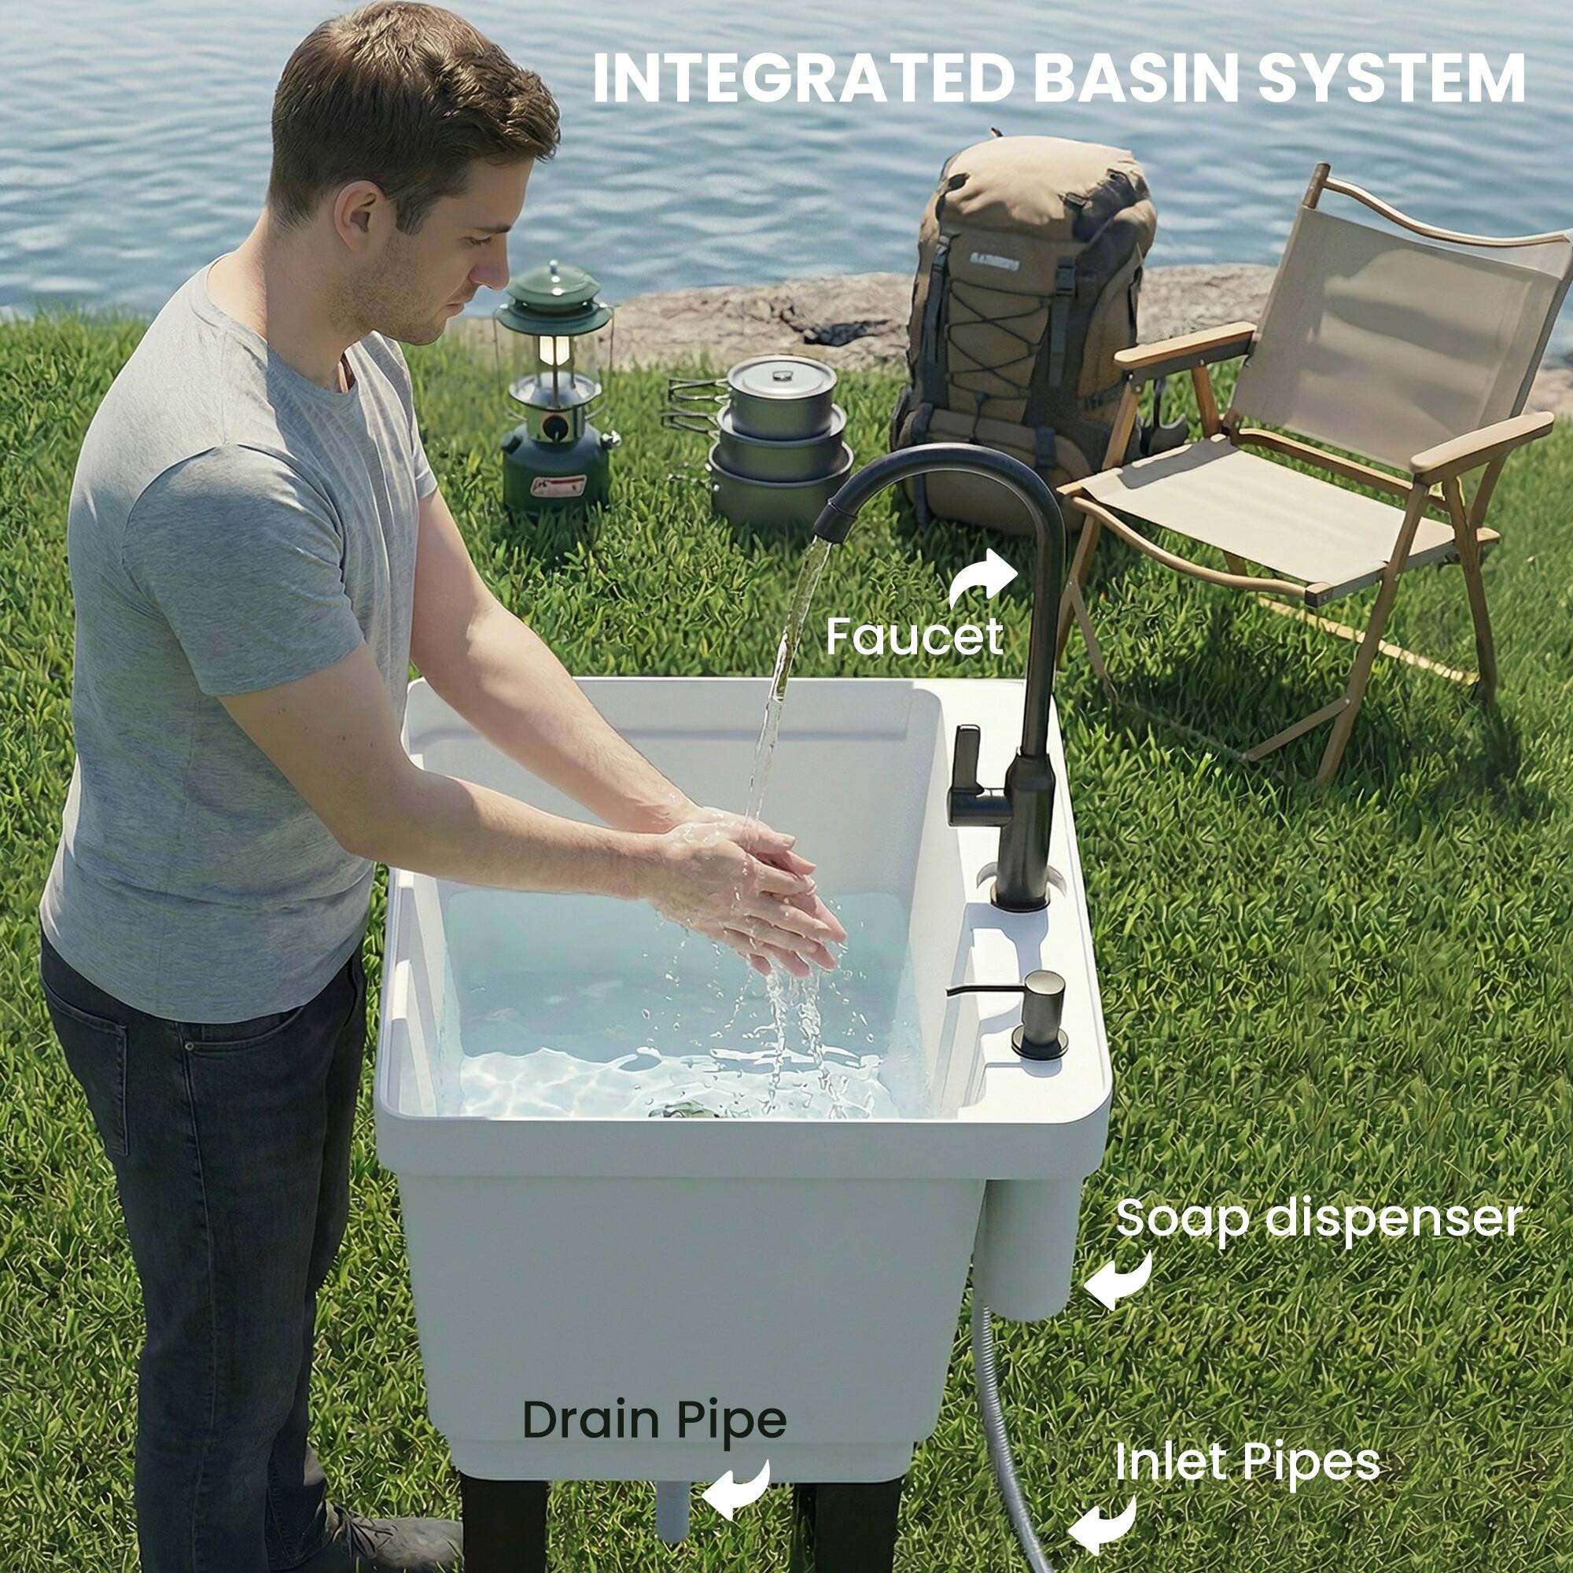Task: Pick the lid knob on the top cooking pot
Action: tap(782, 375)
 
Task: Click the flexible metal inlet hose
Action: tap(1002, 1433)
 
